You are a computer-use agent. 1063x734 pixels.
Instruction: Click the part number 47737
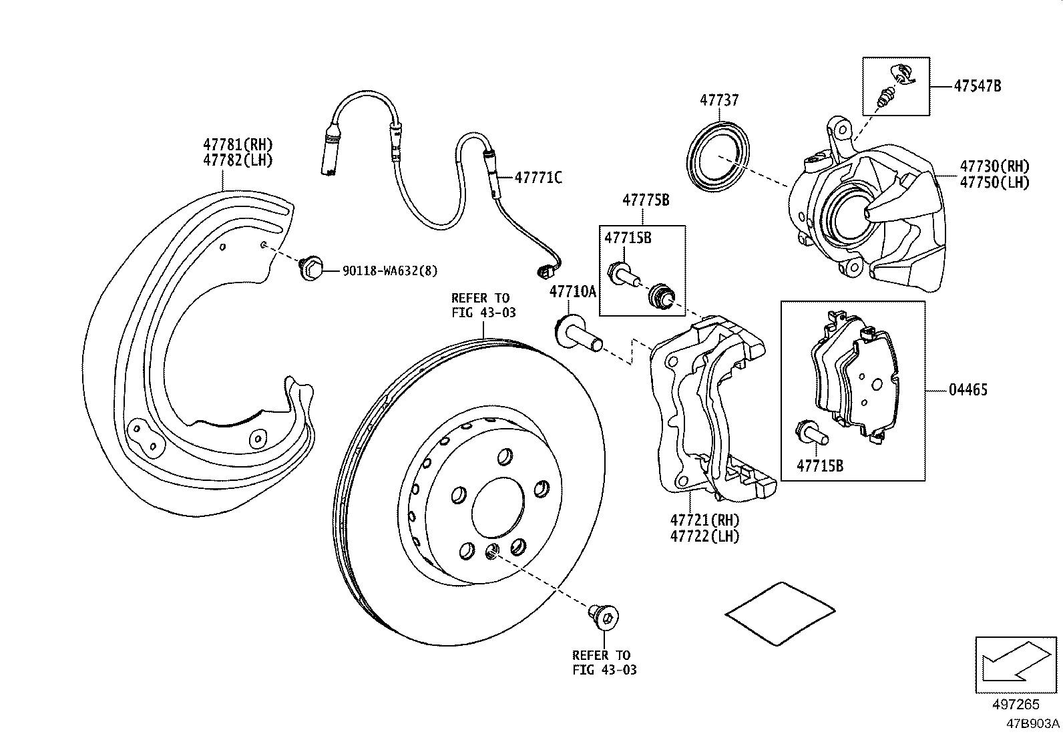719,100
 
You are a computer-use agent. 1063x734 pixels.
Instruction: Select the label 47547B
977,86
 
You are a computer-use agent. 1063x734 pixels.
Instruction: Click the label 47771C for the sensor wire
538,178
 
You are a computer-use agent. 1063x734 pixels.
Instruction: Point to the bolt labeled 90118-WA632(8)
310,269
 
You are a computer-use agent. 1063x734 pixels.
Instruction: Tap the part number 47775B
645,199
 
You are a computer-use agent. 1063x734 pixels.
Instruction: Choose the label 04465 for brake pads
968,389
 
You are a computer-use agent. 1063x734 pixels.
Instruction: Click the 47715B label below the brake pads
820,466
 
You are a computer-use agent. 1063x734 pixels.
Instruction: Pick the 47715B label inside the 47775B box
628,238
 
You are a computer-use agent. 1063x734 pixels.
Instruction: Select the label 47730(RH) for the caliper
995,166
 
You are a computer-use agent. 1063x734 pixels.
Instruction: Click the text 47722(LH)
705,536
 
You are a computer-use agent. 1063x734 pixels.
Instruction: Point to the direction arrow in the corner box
1015,663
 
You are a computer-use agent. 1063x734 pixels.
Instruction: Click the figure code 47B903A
1033,723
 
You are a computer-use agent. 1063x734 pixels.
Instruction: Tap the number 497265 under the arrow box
1016,705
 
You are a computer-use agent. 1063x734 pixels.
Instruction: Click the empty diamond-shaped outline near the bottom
781,612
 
